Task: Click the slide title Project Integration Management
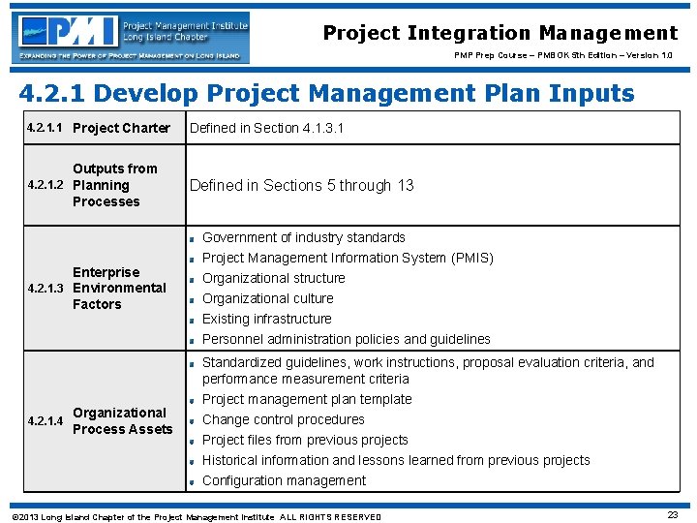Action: tap(500, 33)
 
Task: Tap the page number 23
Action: tap(673, 515)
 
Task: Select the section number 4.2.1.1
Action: tap(45, 128)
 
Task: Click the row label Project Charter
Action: tap(121, 128)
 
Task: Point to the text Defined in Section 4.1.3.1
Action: tap(266, 128)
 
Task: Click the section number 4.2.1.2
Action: tap(45, 185)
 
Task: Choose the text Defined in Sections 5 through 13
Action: tap(301, 185)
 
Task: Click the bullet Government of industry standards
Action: tap(303, 237)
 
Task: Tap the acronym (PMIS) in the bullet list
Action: tap(471, 258)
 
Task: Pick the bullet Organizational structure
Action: tap(273, 278)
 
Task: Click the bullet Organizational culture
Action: tap(267, 298)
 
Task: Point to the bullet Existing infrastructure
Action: tap(266, 319)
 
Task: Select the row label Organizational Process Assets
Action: tap(122, 420)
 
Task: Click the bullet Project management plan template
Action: tap(307, 399)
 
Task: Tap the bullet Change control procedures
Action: tap(283, 419)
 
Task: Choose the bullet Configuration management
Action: tap(284, 480)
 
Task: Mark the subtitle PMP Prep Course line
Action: tap(563, 55)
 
